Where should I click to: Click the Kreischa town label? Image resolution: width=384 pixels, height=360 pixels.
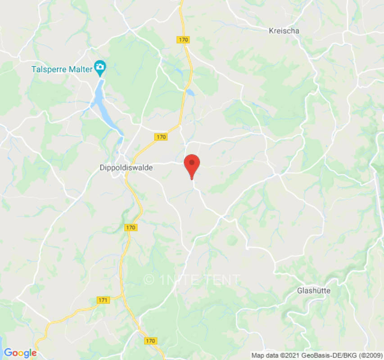tap(284, 31)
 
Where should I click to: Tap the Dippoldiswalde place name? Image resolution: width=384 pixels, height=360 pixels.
tap(126, 168)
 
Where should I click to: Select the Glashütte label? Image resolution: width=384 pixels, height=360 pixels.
tap(314, 291)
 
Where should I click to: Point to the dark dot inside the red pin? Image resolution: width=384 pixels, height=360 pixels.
tap(192, 162)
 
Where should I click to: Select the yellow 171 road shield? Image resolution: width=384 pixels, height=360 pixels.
tap(103, 300)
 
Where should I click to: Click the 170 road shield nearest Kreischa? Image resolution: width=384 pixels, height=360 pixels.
tap(183, 40)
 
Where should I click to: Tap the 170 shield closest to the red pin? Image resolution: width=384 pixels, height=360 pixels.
tap(161, 137)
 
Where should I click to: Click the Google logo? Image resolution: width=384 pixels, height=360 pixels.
tap(20, 353)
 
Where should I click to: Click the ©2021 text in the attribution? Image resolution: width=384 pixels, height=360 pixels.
tap(289, 355)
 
